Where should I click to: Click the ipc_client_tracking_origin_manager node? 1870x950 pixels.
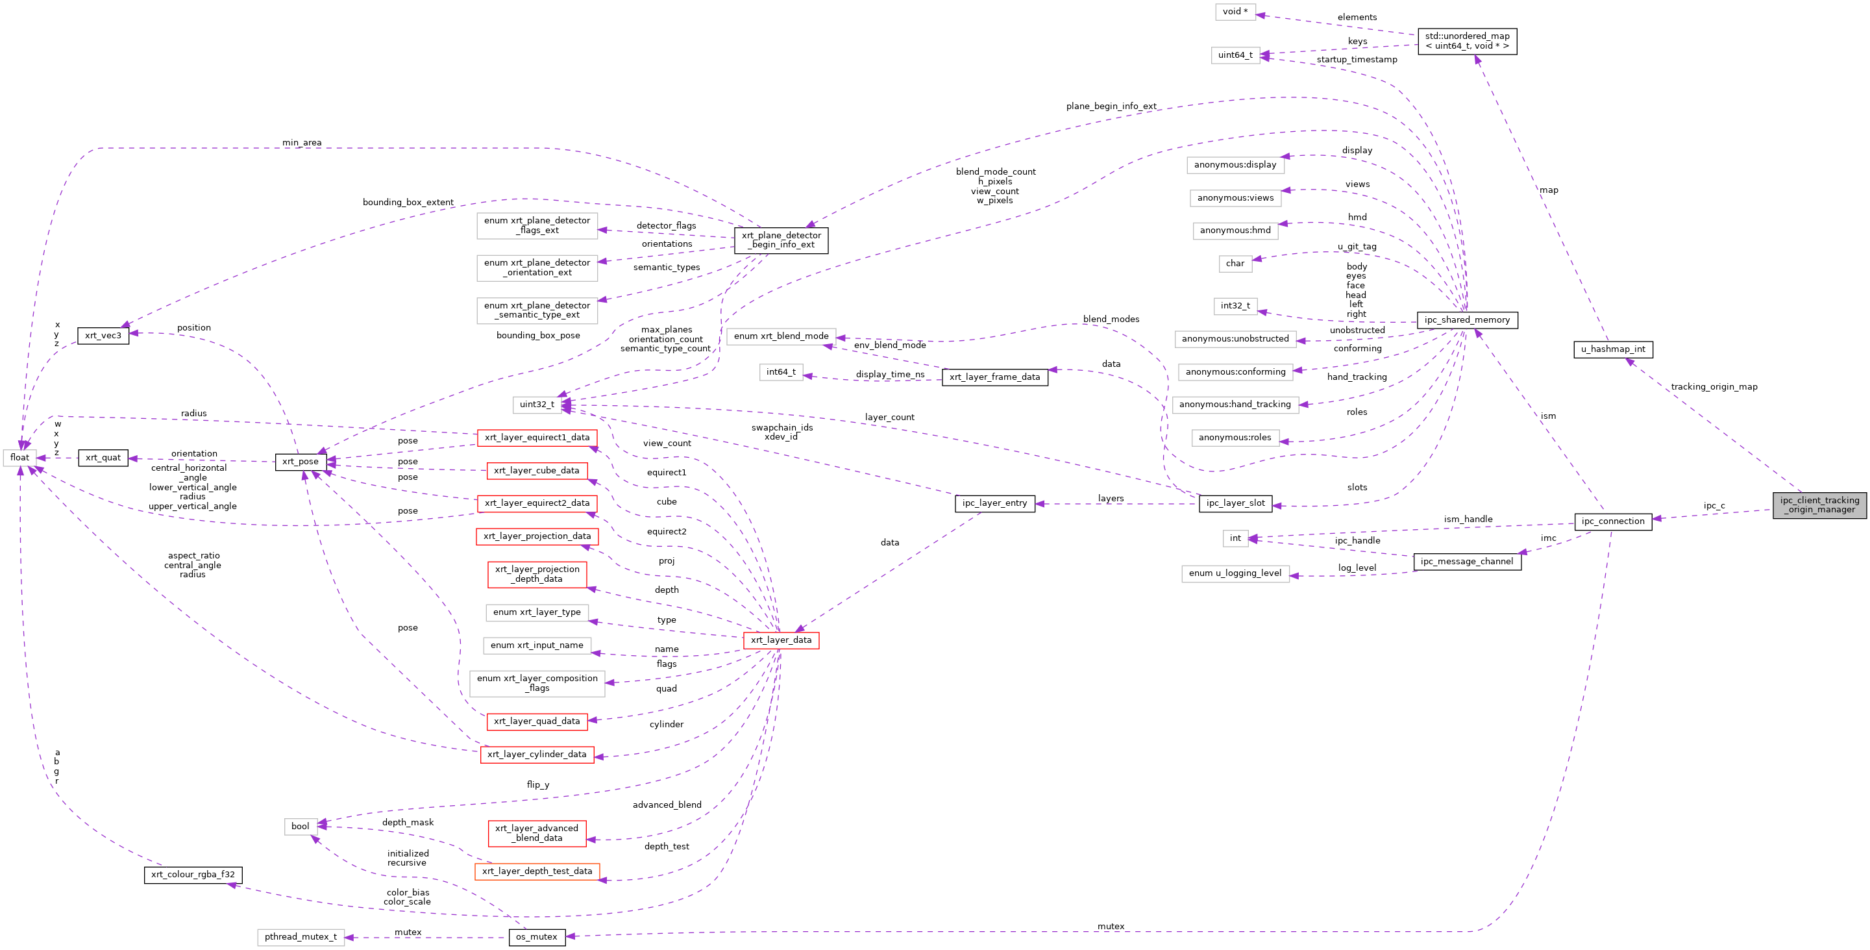tap(1819, 505)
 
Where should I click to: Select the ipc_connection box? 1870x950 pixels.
tap(1612, 521)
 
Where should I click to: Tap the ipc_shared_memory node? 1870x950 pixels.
tap(1466, 320)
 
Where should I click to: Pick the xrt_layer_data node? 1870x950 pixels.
tap(781, 640)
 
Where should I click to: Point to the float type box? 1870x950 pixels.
tap(19, 458)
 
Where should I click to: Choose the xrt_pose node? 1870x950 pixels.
tap(301, 462)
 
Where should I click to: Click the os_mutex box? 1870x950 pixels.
tap(536, 937)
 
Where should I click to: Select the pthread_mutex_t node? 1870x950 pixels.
tap(301, 937)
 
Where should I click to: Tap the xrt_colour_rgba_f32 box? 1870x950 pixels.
tap(193, 875)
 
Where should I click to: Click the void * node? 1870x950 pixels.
tap(1235, 12)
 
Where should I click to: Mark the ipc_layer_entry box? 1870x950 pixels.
tap(994, 503)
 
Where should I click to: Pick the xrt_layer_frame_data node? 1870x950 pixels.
tap(994, 377)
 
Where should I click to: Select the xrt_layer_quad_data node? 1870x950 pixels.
tap(536, 721)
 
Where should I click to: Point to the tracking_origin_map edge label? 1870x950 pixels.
tap(1714, 387)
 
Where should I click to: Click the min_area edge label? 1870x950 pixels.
tap(302, 143)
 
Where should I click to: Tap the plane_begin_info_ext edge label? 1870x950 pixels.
tap(1111, 106)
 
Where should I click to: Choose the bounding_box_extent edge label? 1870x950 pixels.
tap(408, 203)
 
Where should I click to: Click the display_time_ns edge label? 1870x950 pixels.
tap(890, 375)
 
